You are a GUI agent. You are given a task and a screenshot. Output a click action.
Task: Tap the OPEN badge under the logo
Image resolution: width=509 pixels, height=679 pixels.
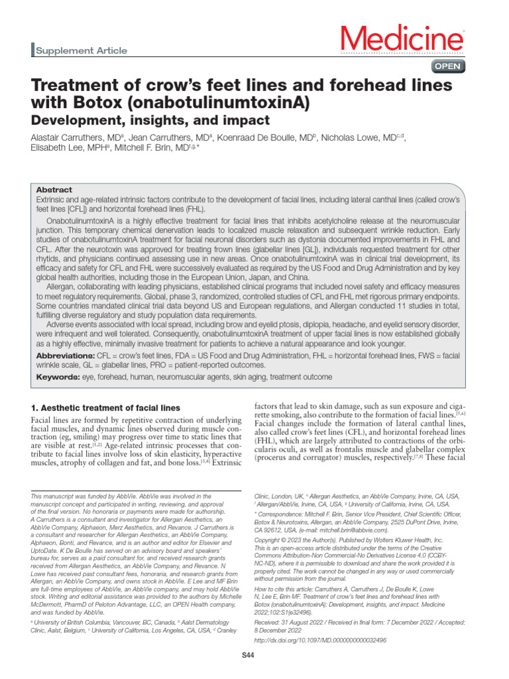449,66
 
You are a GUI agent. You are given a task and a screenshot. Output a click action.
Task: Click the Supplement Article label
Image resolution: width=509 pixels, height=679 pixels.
80,50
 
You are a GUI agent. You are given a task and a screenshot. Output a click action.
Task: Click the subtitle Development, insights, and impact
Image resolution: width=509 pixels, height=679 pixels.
150,121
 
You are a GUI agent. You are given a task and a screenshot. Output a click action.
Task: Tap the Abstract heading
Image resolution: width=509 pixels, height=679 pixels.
54,190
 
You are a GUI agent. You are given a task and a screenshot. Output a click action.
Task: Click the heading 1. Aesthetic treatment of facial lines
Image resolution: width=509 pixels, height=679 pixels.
105,406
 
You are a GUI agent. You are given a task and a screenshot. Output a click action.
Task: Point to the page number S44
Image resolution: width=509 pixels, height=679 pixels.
249,656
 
